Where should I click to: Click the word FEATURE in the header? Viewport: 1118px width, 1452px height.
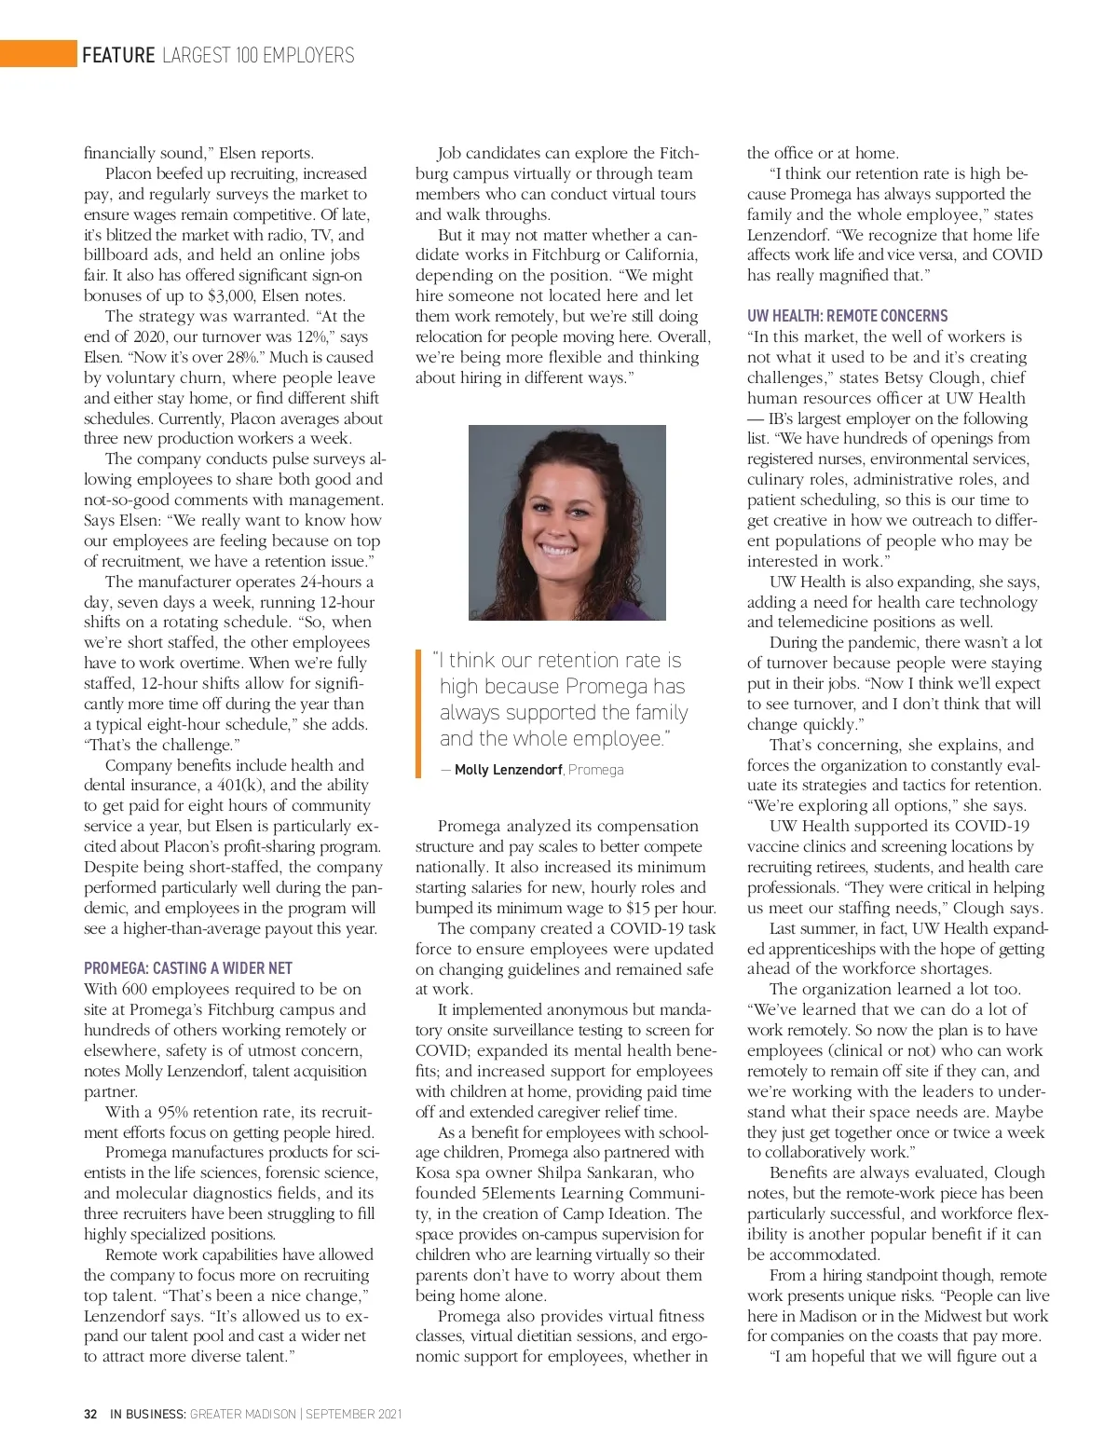[118, 55]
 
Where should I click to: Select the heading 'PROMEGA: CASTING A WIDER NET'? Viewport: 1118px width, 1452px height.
[188, 968]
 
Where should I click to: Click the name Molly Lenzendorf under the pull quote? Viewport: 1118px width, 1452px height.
[508, 770]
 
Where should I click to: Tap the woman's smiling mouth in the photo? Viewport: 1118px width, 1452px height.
[559, 550]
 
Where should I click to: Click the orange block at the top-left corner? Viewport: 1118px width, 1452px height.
[38, 54]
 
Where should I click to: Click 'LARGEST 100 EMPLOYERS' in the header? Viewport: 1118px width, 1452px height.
[258, 55]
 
